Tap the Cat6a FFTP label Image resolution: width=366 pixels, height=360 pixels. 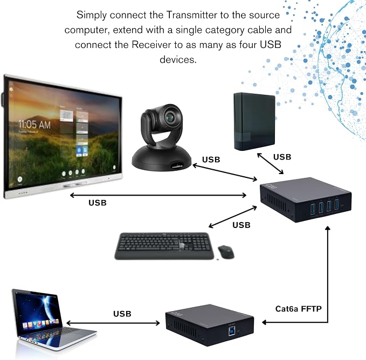(298, 309)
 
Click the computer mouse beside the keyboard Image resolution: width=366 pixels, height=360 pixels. (226, 252)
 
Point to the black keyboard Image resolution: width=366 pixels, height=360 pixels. (164, 246)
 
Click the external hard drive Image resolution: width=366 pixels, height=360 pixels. (254, 121)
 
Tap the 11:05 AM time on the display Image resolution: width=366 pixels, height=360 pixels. (34, 124)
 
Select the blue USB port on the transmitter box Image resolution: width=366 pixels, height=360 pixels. (232, 331)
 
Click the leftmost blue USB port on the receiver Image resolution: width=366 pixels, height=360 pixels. (313, 209)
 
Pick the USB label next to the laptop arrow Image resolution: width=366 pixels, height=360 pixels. (122, 314)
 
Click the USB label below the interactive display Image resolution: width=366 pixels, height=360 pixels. (98, 203)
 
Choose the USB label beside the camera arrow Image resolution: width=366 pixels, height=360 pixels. (211, 160)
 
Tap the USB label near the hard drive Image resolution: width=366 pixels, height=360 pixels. (282, 157)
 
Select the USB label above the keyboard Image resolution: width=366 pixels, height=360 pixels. (241, 225)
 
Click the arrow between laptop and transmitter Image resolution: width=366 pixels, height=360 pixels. (113, 323)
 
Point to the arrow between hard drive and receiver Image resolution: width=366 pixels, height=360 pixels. (270, 163)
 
